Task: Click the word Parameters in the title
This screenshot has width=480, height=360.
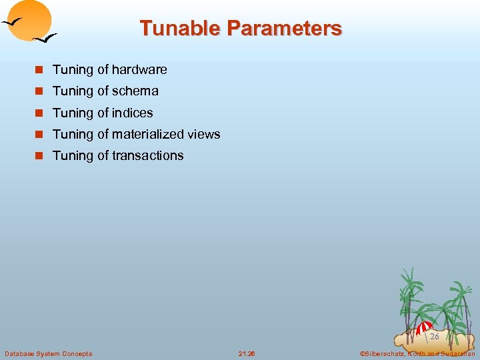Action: pos(284,28)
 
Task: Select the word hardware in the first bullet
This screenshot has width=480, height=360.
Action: pos(139,69)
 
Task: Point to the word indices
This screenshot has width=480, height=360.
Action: pos(133,113)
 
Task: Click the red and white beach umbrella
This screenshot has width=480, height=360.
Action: pos(424,327)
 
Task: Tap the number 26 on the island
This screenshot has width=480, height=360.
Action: pos(434,337)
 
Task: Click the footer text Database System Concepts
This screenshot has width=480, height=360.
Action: pos(48,353)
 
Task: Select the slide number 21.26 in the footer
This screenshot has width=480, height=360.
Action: pos(247,353)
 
